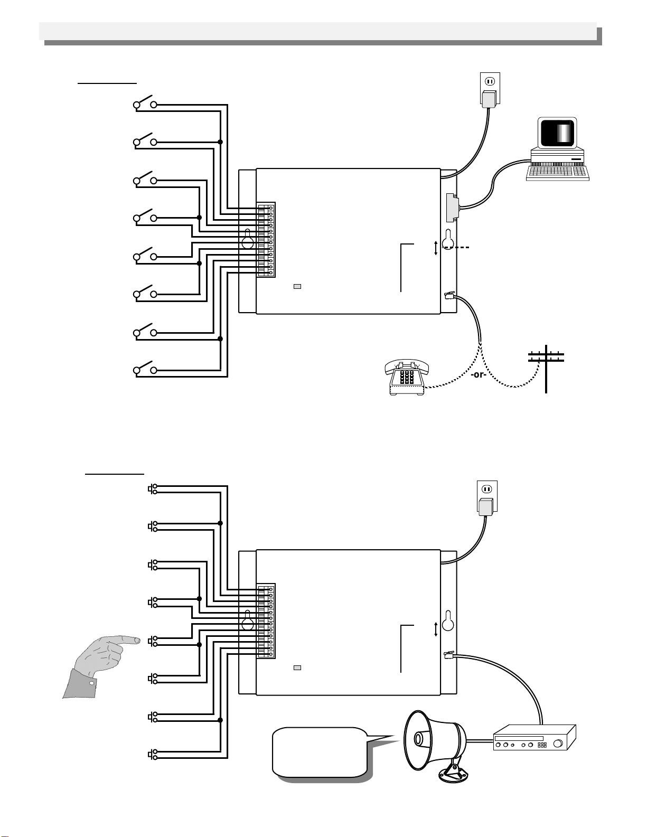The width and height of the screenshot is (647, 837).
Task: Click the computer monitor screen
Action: point(558,132)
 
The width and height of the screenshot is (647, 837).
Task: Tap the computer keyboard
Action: point(558,173)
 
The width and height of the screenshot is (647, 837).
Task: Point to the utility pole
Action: point(546,369)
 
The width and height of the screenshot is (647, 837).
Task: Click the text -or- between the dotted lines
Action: point(479,374)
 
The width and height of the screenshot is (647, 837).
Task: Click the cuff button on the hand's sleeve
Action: point(92,683)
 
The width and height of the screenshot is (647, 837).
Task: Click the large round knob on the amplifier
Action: point(558,744)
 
